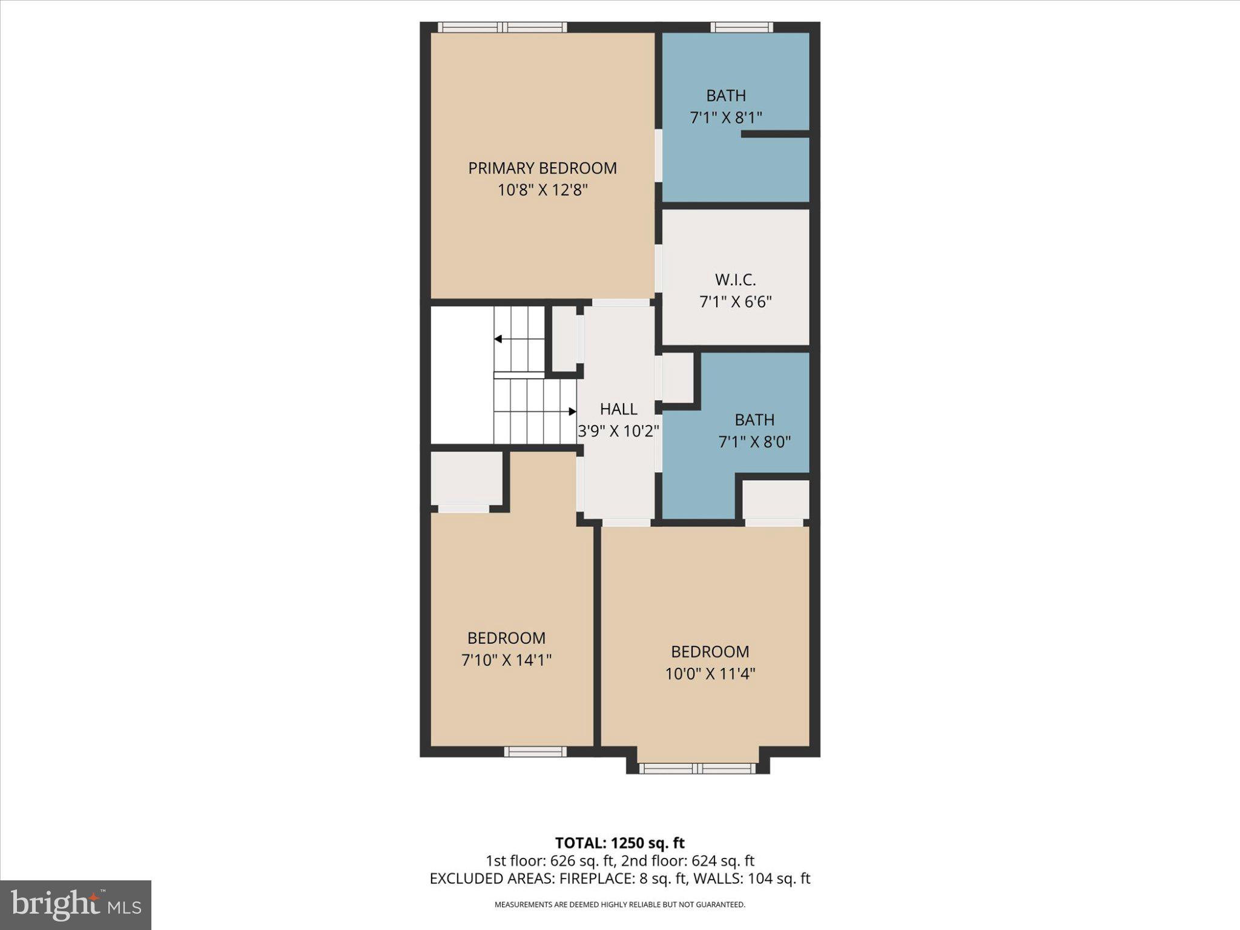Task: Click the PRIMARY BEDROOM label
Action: click(x=542, y=168)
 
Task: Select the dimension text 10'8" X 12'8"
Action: click(x=542, y=190)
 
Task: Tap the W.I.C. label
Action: click(x=735, y=280)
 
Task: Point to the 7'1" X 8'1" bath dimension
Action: click(x=725, y=117)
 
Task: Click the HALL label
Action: click(x=618, y=409)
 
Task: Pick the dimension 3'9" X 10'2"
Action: click(x=618, y=431)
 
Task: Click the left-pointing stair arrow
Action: click(x=498, y=339)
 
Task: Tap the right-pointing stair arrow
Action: click(x=572, y=412)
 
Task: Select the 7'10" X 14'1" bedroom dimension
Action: click(x=506, y=660)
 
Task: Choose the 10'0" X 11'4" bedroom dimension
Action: click(x=710, y=674)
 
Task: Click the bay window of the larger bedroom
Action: click(x=697, y=768)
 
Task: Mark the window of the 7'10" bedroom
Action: click(x=535, y=751)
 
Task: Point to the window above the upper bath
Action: click(x=741, y=27)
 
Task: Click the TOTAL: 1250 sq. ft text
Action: click(x=619, y=843)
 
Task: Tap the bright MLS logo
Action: click(x=76, y=905)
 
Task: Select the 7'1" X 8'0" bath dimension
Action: click(x=754, y=442)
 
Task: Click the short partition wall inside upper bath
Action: click(x=775, y=134)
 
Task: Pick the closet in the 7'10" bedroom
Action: click(x=466, y=478)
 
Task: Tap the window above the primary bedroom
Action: click(x=502, y=27)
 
